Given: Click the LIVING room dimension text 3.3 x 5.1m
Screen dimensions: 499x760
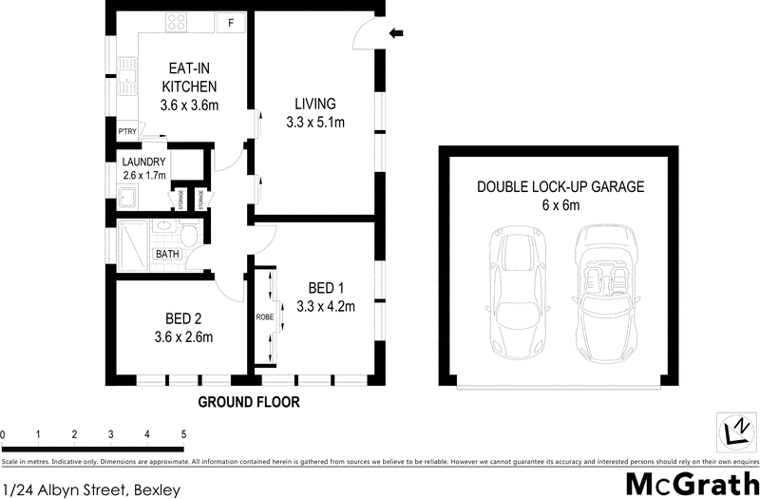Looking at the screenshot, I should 314,122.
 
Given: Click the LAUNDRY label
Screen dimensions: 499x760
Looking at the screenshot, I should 143,162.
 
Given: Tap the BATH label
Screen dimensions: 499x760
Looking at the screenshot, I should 168,254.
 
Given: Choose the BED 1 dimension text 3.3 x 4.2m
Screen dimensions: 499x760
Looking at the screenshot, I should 325,306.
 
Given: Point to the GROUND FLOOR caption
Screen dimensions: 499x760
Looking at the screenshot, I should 249,402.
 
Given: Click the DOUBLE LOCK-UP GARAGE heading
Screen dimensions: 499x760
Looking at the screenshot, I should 560,187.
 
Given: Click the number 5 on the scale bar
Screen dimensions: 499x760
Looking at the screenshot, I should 183,435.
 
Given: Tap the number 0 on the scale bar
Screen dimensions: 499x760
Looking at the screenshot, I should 4,435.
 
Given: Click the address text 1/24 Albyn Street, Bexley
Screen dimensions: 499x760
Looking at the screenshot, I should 90,489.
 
